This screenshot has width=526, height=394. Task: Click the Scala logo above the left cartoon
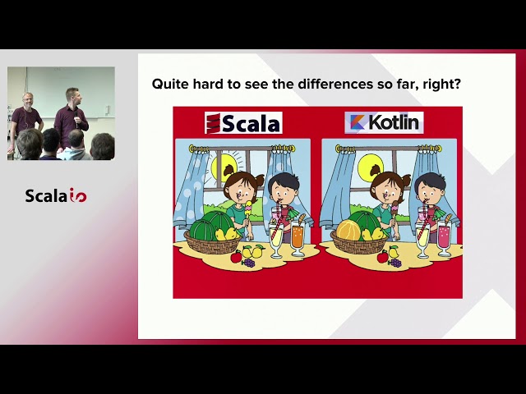(x=243, y=123)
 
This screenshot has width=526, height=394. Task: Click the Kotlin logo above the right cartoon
(x=384, y=123)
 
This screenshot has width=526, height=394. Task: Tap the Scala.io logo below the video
(x=56, y=195)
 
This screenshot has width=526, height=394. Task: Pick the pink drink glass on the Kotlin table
(x=444, y=237)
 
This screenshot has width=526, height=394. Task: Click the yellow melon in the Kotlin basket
(x=349, y=231)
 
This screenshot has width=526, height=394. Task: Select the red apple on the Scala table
(x=237, y=257)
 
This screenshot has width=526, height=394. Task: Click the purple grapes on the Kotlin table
(x=394, y=262)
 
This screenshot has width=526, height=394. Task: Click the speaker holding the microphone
(x=73, y=115)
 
